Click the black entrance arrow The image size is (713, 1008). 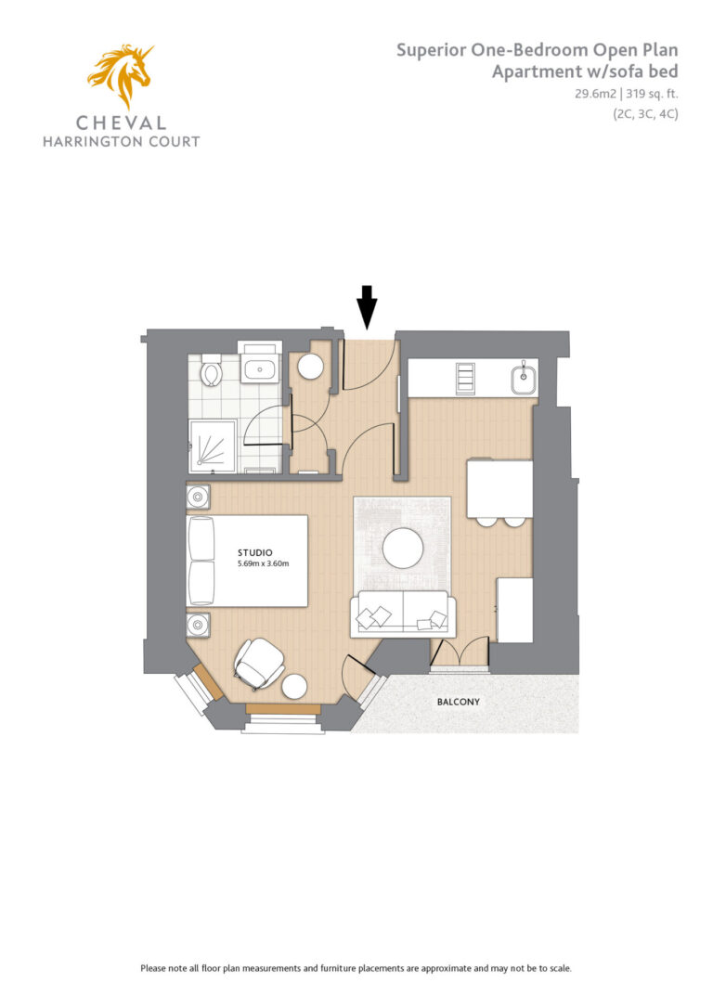[x=367, y=307]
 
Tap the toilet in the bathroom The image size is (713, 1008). [x=211, y=369]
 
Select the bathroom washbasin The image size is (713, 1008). [x=260, y=369]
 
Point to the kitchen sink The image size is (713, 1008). [x=524, y=379]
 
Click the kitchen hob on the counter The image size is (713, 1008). [x=465, y=378]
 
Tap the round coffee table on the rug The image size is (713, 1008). [x=403, y=549]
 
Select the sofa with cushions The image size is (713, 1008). [x=403, y=614]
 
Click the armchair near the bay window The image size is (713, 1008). [x=258, y=664]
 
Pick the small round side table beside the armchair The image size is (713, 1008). [x=295, y=687]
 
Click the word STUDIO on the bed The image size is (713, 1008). [x=255, y=552]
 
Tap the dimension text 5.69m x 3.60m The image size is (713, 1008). [x=263, y=563]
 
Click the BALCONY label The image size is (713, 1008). [x=459, y=702]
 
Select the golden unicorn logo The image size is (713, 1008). [x=122, y=75]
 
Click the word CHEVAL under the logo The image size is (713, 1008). [x=122, y=123]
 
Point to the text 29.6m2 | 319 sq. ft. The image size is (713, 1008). [x=627, y=94]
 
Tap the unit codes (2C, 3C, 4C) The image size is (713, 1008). [x=645, y=114]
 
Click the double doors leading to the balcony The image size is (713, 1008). [x=459, y=653]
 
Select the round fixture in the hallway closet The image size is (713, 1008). [x=310, y=367]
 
